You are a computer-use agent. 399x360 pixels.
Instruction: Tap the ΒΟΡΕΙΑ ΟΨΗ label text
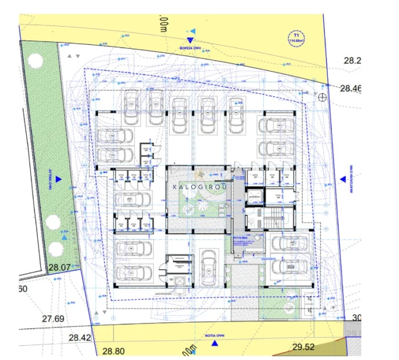pyautogui.click(x=191, y=47)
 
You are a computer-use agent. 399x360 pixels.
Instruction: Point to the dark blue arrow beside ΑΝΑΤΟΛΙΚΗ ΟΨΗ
pyautogui.click(x=343, y=179)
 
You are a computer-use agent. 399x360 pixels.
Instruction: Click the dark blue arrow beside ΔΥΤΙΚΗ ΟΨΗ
pyautogui.click(x=59, y=179)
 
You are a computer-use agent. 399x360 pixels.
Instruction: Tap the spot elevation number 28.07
pyautogui.click(x=59, y=268)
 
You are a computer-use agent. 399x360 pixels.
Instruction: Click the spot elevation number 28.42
pyautogui.click(x=79, y=337)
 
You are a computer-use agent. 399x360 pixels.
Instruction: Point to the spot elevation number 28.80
pyautogui.click(x=113, y=351)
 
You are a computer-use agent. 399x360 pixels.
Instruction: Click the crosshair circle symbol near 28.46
pyautogui.click(x=322, y=97)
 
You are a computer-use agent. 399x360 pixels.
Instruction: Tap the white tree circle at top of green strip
pyautogui.click(x=36, y=60)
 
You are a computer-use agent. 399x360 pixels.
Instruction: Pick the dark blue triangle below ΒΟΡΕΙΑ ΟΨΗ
pyautogui.click(x=191, y=39)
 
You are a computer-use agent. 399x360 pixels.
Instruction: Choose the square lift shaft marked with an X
pyautogui.click(x=180, y=281)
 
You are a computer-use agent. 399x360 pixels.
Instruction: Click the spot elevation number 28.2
pyautogui.click(x=352, y=61)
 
